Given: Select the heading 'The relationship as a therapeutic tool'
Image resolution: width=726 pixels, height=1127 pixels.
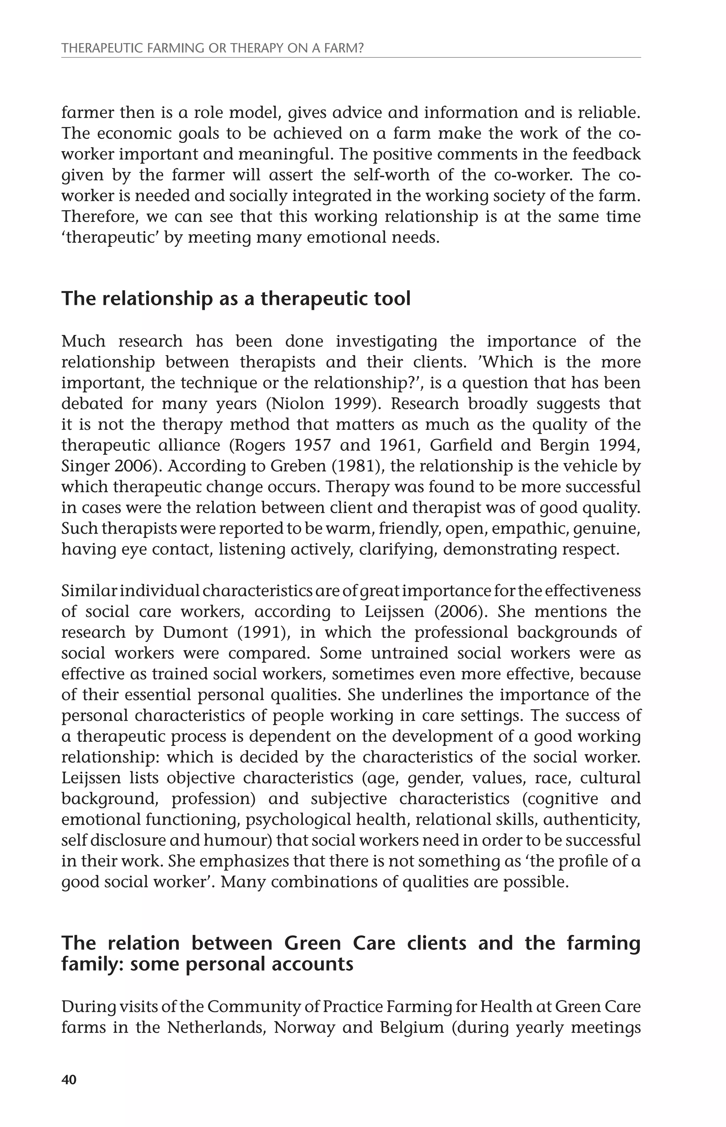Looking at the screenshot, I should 236,299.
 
